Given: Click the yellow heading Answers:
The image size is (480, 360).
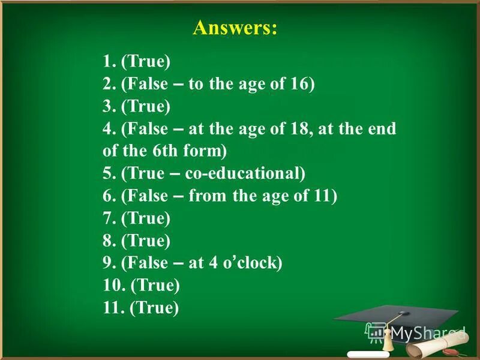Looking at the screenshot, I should click(235, 28).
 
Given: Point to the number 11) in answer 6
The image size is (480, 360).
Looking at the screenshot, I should click(324, 196).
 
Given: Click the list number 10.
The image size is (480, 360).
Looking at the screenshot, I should click(113, 285).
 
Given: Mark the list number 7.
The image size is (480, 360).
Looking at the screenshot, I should click(109, 218).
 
